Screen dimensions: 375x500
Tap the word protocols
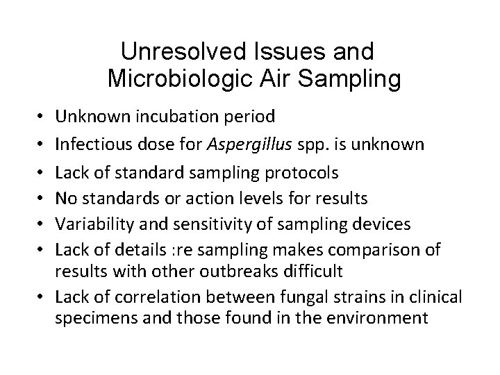click(x=302, y=171)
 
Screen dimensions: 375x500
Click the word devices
click(x=381, y=225)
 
